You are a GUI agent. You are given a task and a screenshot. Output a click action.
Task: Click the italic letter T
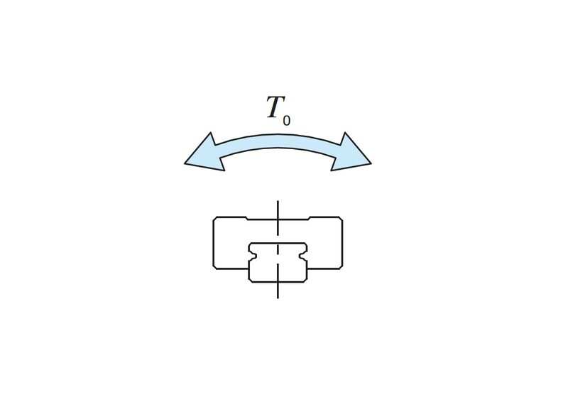[x=275, y=107]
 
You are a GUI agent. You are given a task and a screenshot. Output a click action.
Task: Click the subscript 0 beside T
[x=286, y=121]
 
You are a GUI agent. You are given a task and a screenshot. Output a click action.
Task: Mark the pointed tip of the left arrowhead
[x=185, y=163]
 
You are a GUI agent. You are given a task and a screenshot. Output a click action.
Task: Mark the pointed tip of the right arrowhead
[x=371, y=163]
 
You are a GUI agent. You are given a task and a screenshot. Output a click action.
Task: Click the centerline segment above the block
[x=278, y=214]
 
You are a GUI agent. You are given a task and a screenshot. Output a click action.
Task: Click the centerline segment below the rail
[x=278, y=290]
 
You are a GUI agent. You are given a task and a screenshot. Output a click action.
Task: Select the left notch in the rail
[x=253, y=256]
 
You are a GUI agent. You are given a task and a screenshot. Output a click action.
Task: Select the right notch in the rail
[x=303, y=256]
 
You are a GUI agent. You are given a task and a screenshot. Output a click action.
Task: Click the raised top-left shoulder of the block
[x=230, y=219]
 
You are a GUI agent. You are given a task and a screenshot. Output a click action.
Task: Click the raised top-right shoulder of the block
[x=325, y=219]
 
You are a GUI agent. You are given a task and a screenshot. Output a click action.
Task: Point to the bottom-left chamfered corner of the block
[x=215, y=267]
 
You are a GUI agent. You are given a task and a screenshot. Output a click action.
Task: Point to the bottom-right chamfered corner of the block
[x=341, y=267]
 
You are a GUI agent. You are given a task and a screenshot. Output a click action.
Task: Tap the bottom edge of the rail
[x=278, y=282]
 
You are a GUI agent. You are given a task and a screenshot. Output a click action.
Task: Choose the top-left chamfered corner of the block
[x=215, y=219]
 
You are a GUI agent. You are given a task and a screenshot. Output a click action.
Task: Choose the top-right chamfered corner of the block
[x=341, y=219]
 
